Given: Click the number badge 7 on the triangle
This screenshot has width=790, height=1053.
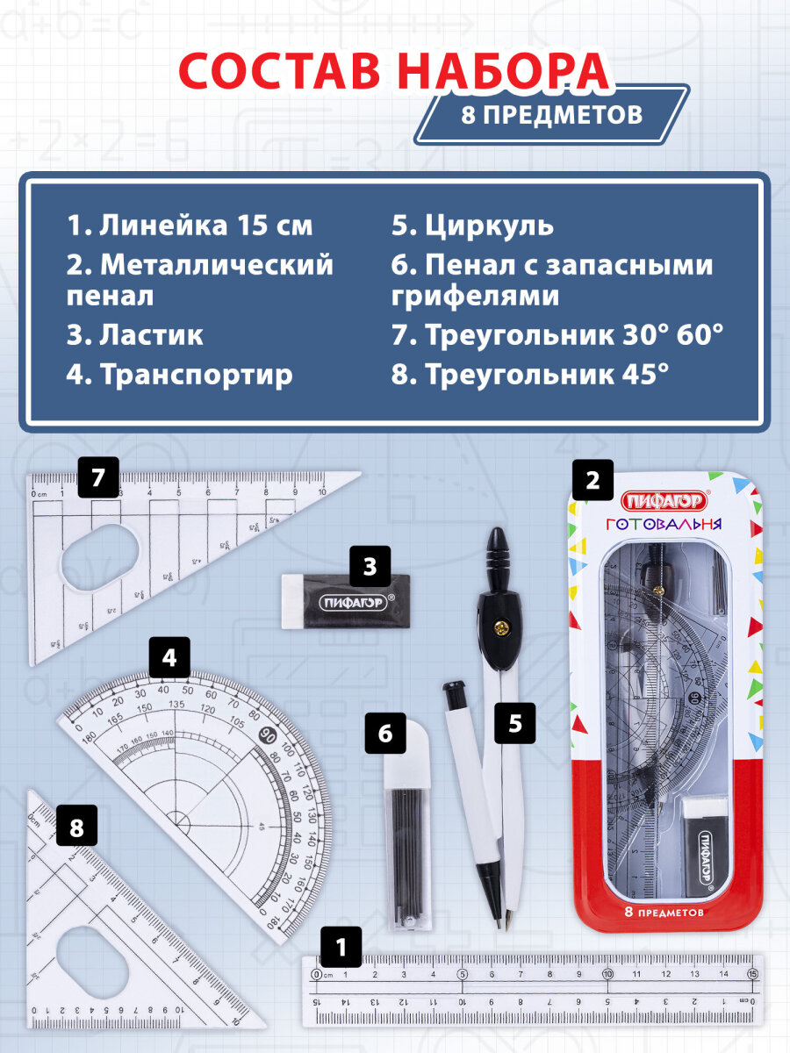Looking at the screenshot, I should coord(97,477).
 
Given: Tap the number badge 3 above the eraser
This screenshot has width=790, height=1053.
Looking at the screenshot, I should coord(370,566).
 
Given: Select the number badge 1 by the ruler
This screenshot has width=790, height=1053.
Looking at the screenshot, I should coord(341,947).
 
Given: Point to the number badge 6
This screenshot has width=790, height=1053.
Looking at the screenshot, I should coord(385,733).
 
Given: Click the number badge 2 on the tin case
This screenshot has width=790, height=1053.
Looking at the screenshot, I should coord(592,480).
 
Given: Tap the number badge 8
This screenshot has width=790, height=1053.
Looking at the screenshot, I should coord(76,826).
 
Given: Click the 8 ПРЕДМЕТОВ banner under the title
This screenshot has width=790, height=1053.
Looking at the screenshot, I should coord(551,114).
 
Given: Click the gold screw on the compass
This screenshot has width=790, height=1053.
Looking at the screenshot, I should coord(502,627).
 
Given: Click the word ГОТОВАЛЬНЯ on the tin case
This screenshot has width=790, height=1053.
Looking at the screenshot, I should coord(664,524).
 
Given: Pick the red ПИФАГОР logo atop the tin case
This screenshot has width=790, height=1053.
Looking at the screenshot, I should coord(663,500).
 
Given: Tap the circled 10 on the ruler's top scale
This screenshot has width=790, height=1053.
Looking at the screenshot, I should coord(607,972).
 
